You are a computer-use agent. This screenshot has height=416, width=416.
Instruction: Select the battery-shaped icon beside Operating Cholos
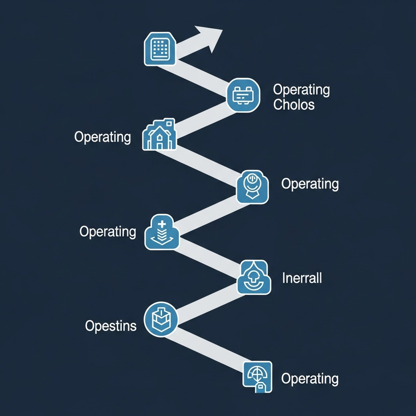click(x=243, y=95)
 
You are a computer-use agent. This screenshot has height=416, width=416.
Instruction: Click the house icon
click(x=159, y=135)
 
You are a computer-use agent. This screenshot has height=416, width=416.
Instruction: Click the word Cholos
click(x=294, y=104)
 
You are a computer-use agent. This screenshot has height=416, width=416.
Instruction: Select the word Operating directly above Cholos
click(x=301, y=89)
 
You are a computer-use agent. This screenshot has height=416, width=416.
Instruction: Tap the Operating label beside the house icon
click(x=102, y=137)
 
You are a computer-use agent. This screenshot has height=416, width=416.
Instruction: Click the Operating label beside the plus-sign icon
click(x=108, y=231)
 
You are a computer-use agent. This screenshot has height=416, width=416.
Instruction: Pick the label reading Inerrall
click(x=302, y=278)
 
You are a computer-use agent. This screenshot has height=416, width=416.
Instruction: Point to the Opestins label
click(x=110, y=326)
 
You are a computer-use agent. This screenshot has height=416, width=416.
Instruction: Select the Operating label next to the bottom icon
click(x=309, y=379)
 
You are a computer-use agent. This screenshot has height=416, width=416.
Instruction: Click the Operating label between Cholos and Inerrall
click(x=309, y=184)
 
